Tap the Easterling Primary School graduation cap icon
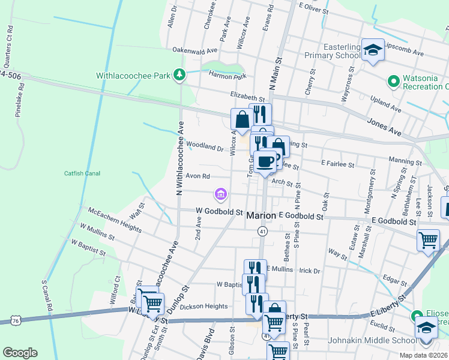(x=373, y=50)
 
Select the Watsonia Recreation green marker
(x=393, y=80)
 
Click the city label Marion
(x=262, y=215)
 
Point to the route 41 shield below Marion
(x=262, y=231)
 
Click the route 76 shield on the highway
(x=16, y=321)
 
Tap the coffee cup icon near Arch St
(x=265, y=160)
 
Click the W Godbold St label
(x=219, y=212)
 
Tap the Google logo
(x=20, y=352)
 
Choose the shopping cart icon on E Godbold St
(x=429, y=240)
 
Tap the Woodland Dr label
(x=205, y=146)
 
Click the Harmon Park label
(x=228, y=76)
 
